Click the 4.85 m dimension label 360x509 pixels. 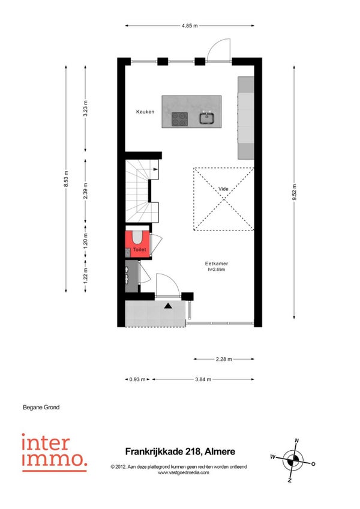coord(190,26)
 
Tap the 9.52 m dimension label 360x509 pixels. coord(295,192)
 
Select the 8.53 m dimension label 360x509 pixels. coord(66,179)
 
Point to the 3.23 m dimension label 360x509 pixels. coord(85,109)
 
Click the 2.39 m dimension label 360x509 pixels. coord(85,191)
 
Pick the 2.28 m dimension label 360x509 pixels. coord(224,359)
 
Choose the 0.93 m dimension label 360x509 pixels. coord(137,379)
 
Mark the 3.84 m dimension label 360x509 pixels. coord(203,379)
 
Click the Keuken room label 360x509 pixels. coord(145,112)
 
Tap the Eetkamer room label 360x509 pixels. coord(217,264)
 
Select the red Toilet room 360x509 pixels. coord(137,244)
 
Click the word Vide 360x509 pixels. coord(223,188)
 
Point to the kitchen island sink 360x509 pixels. coord(206,118)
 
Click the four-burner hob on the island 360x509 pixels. coord(179,119)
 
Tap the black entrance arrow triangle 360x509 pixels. coord(168,306)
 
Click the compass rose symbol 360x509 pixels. coord(293,460)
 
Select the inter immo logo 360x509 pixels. coord(55,452)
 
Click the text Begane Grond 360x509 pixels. coord(41,407)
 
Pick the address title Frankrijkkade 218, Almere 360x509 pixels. coord(180,451)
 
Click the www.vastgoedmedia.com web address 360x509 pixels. coord(184,472)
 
